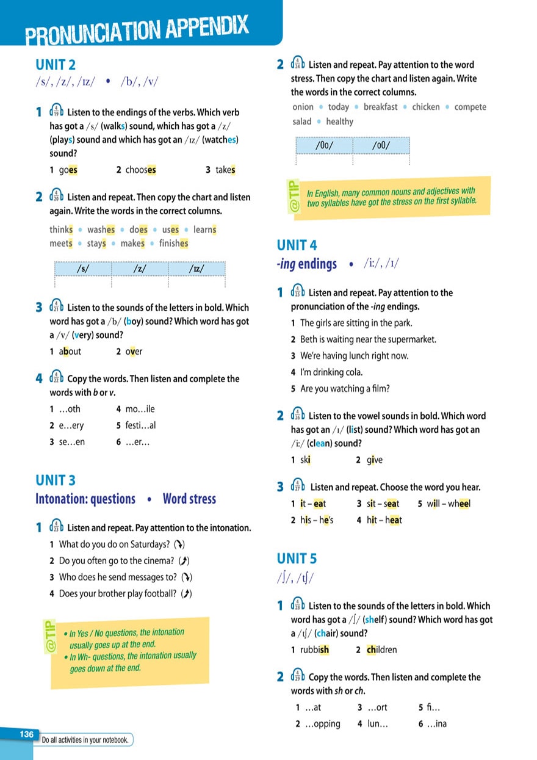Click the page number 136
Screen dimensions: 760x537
[x=26, y=734]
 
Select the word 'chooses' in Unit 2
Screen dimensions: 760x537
[x=140, y=170]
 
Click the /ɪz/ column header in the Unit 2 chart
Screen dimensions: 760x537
[x=196, y=269]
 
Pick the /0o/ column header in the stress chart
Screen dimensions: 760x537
[x=325, y=147]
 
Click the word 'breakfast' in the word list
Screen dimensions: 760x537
[x=380, y=107]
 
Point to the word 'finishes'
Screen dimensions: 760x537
[x=173, y=244]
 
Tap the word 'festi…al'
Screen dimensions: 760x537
[x=140, y=425]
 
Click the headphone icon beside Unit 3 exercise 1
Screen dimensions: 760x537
[x=56, y=527]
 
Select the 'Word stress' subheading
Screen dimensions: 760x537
[x=189, y=499]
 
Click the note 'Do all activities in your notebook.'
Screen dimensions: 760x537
[x=85, y=740]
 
